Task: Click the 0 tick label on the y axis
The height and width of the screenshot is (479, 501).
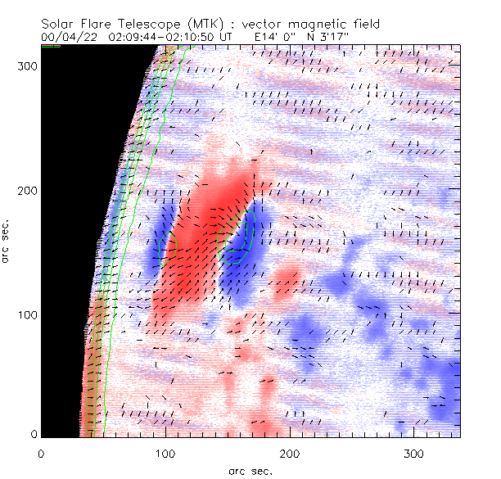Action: tap(33, 434)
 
